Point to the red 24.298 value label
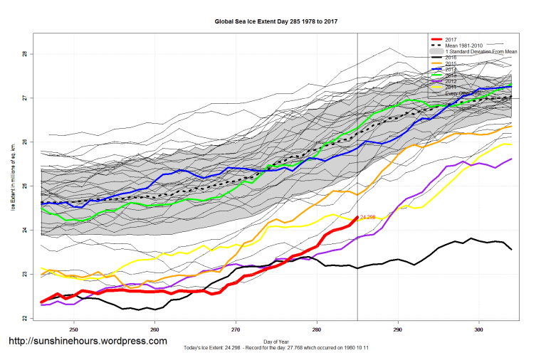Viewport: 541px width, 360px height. (x=368, y=216)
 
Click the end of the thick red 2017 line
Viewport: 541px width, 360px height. (x=357, y=217)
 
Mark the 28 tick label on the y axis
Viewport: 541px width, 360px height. (x=24, y=54)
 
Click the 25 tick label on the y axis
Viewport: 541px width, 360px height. (x=24, y=186)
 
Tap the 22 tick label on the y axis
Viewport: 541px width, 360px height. (x=24, y=318)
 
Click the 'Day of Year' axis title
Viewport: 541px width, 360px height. (x=275, y=341)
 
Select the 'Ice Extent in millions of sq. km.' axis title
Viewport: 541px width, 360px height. (x=13, y=178)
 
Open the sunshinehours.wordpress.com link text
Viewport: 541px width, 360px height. (x=88, y=341)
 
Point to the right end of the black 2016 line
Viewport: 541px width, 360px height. (x=511, y=249)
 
